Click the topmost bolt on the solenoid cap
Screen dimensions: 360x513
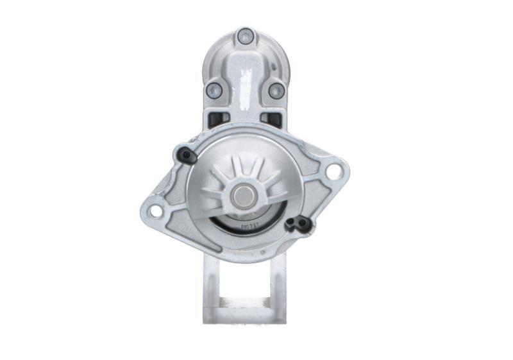coord(245,36)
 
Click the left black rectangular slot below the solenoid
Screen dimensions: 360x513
coord(219,119)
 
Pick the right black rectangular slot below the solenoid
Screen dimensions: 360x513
coord(272,119)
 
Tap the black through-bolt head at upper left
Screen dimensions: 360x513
coord(185,155)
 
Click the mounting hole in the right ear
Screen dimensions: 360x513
coord(333,171)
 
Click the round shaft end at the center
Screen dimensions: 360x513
coord(244,195)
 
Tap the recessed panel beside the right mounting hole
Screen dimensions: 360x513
coord(314,167)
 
